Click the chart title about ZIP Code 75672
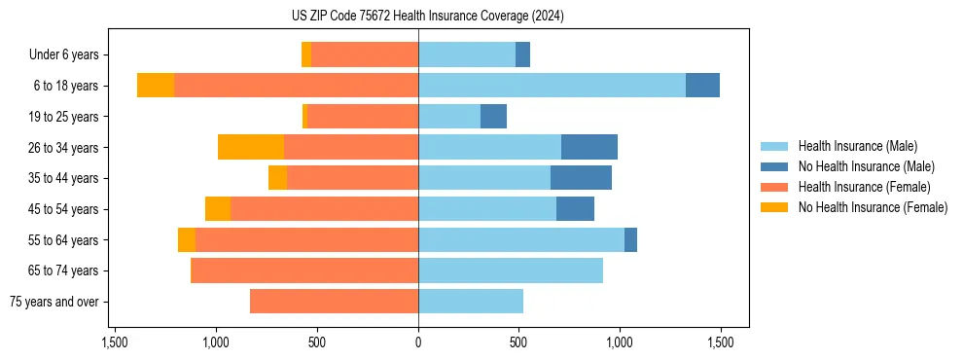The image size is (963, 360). [x=428, y=17]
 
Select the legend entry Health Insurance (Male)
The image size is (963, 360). [x=857, y=146]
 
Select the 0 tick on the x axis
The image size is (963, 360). [x=418, y=342]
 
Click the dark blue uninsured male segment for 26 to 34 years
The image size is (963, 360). [x=589, y=147]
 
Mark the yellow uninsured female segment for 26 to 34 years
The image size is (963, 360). [x=251, y=147]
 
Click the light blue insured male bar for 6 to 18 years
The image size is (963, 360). [x=552, y=86]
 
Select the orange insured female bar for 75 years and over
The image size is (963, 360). [x=334, y=302]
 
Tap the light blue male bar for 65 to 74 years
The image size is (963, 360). [x=511, y=270]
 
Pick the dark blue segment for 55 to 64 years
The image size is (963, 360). [x=630, y=239]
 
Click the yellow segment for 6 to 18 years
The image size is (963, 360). [x=156, y=86]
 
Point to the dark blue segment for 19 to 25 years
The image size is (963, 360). [x=493, y=117]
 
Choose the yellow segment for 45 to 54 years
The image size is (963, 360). [x=218, y=209]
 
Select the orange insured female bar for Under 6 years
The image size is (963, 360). [x=365, y=54]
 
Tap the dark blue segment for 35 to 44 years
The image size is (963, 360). [x=581, y=178]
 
